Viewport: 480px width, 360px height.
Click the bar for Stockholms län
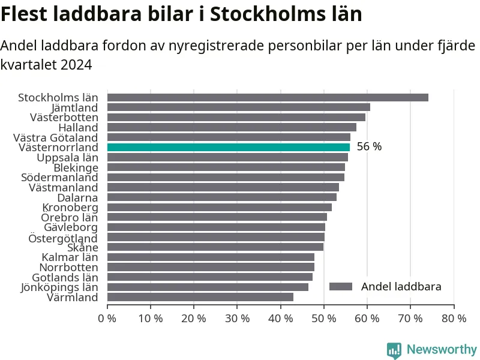click(268, 97)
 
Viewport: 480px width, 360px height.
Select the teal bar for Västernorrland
click(228, 147)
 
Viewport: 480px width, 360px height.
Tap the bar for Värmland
click(200, 297)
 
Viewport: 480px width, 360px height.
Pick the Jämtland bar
click(238, 107)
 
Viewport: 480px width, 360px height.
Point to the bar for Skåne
click(215, 247)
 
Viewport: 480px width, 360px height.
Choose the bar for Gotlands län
click(209, 277)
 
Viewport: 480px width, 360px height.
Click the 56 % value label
click(369, 147)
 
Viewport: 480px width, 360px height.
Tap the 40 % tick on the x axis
click(280, 319)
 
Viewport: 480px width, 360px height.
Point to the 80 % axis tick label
click(454, 319)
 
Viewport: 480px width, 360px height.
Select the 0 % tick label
click(107, 319)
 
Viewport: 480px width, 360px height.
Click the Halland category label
click(77, 127)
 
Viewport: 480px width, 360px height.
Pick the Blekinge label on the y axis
click(75, 167)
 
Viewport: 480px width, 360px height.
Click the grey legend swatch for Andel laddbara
click(340, 287)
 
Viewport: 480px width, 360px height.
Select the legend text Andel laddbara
click(401, 287)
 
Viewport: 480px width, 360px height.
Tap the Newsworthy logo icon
click(394, 350)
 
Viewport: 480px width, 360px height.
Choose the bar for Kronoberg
click(219, 207)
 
